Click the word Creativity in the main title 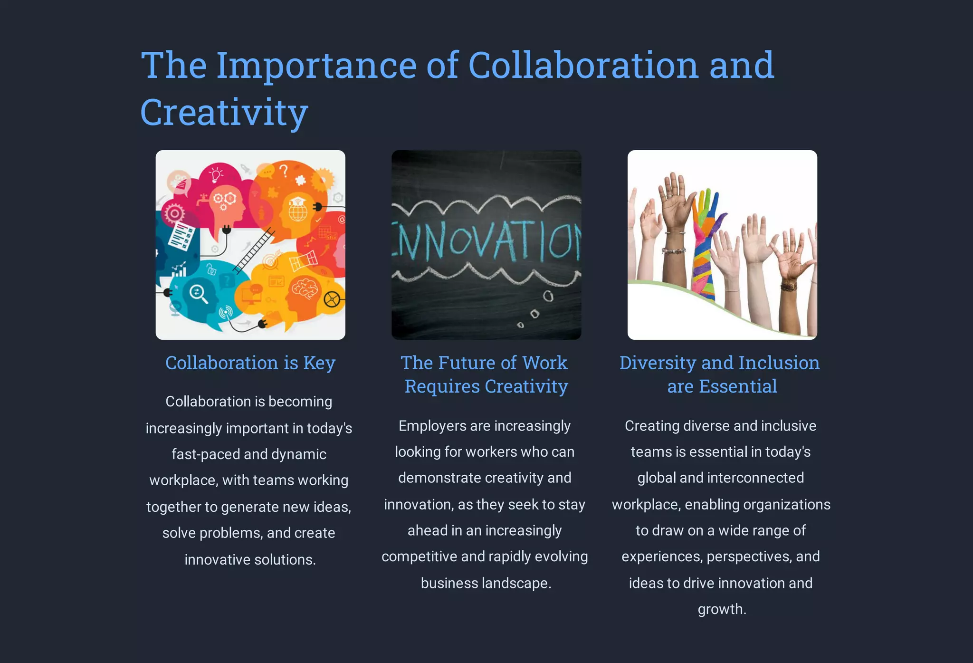224,112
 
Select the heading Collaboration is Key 250,363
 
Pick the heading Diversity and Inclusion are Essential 720,375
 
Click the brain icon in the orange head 305,288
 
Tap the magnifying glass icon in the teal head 198,293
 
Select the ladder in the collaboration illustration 254,250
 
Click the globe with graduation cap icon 297,209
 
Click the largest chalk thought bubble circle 548,296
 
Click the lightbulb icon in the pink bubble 216,174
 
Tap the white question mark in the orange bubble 284,170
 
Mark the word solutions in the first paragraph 285,560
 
